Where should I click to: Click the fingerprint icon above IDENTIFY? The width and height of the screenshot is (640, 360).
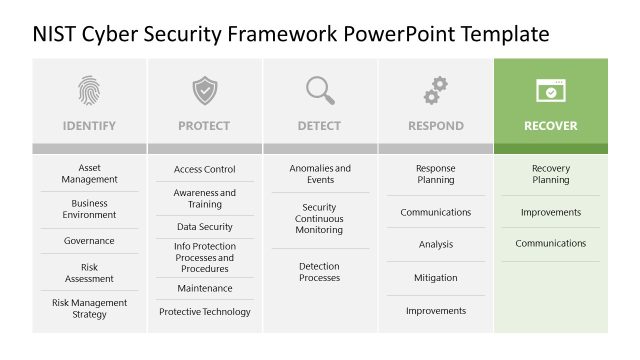point(89,91)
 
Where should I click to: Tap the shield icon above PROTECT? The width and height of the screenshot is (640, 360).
point(204,91)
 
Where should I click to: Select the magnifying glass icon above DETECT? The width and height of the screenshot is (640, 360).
point(320,91)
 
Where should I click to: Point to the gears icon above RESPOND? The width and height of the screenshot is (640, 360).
point(435,91)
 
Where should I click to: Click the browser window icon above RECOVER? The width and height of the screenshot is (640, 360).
point(551,91)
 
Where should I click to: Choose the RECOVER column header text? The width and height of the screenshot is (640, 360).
point(551,126)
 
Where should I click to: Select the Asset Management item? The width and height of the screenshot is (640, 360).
point(89,174)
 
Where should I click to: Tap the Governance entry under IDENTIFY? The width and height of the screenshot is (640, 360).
point(89,241)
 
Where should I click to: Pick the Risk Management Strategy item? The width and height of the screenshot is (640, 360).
point(89,309)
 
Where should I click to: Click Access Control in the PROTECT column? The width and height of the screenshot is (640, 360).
point(204,170)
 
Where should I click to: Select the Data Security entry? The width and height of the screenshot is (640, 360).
point(204,227)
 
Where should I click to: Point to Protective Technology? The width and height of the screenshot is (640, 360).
point(204,312)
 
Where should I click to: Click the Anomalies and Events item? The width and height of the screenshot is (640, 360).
point(320,174)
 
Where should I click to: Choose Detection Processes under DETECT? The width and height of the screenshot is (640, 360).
point(320,272)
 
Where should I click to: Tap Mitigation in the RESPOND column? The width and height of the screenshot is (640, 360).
point(435,278)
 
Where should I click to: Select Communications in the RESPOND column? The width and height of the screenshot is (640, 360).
point(435,212)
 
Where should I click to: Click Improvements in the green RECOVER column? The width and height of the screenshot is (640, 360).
point(551,212)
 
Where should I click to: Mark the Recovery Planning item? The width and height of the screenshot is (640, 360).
point(551,174)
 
